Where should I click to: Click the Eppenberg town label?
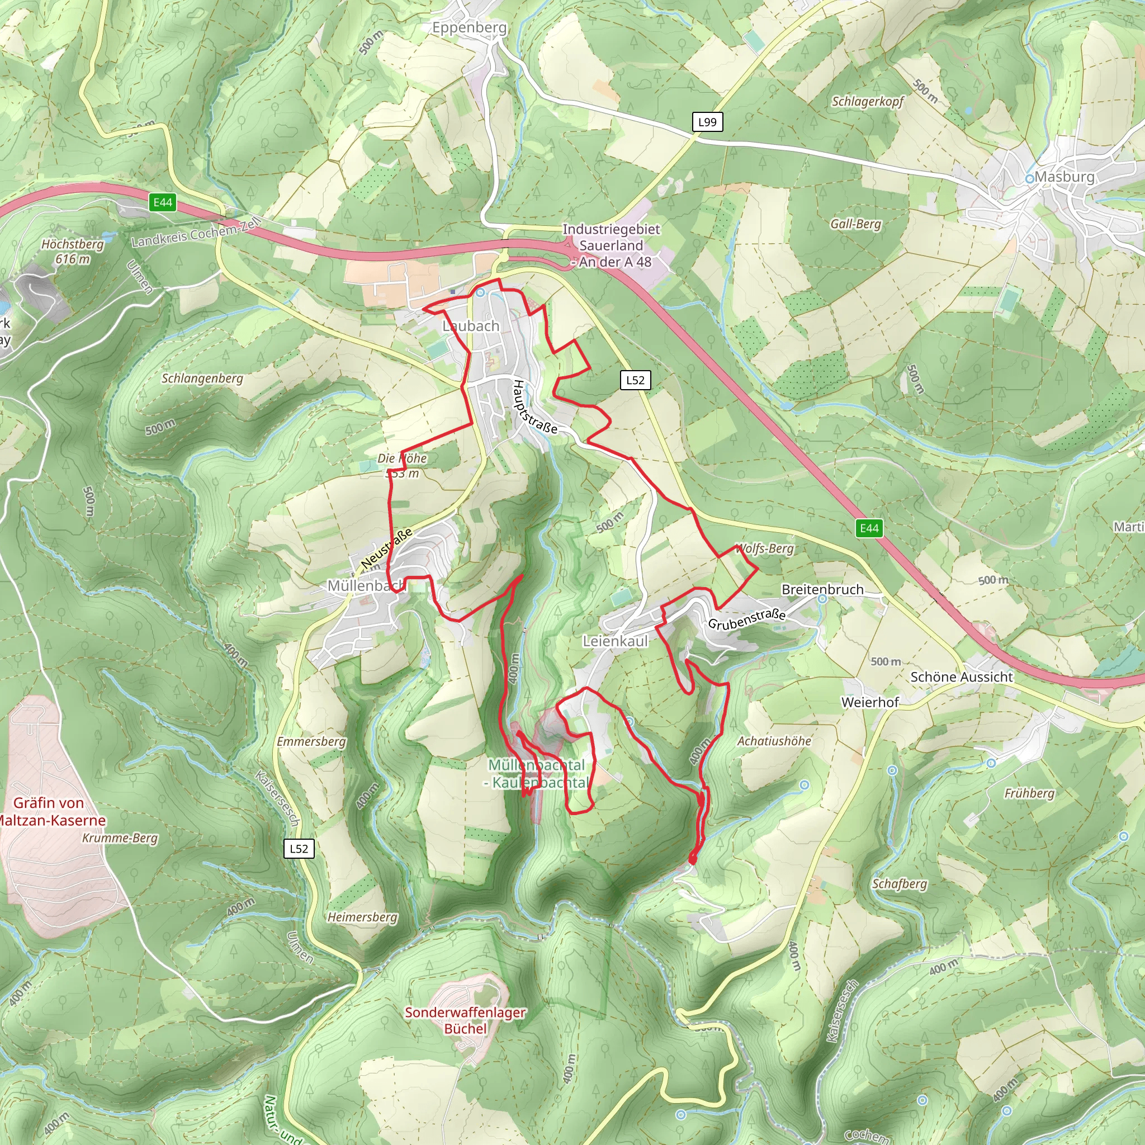point(470,28)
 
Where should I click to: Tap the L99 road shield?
point(707,122)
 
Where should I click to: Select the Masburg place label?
point(1064,177)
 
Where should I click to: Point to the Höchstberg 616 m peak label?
point(72,251)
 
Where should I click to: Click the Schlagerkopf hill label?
point(867,101)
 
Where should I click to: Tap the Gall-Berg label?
point(855,224)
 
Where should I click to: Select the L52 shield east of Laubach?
point(635,380)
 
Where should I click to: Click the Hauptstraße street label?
point(534,408)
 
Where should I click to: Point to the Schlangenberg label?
point(202,378)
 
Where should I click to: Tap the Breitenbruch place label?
point(822,589)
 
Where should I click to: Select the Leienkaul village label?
point(615,641)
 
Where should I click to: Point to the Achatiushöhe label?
point(773,741)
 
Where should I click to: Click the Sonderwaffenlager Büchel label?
point(465,1020)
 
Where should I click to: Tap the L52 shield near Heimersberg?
point(299,848)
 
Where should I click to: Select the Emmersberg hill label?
point(311,741)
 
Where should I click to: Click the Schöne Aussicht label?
point(961,677)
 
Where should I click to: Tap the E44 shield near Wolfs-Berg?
point(869,528)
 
